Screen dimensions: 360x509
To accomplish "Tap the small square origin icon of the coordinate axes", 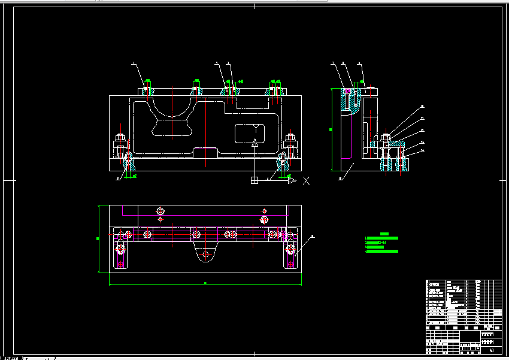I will pyautogui.click(x=255, y=180).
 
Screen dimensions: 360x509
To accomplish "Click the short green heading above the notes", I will pyautogui.click(x=384, y=234).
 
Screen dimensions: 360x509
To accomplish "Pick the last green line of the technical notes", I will pyautogui.click(x=382, y=252).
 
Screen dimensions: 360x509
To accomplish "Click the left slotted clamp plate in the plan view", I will pyautogui.click(x=121, y=254).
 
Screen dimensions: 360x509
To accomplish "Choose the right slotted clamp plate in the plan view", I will pyautogui.click(x=291, y=254).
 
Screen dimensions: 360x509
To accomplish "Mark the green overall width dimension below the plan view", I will pyautogui.click(x=205, y=283).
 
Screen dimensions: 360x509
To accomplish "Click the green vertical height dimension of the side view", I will pyautogui.click(x=331, y=129).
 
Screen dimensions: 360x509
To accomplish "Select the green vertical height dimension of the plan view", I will pyautogui.click(x=99, y=238).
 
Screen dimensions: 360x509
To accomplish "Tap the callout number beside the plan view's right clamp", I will pyautogui.click(x=313, y=237).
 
